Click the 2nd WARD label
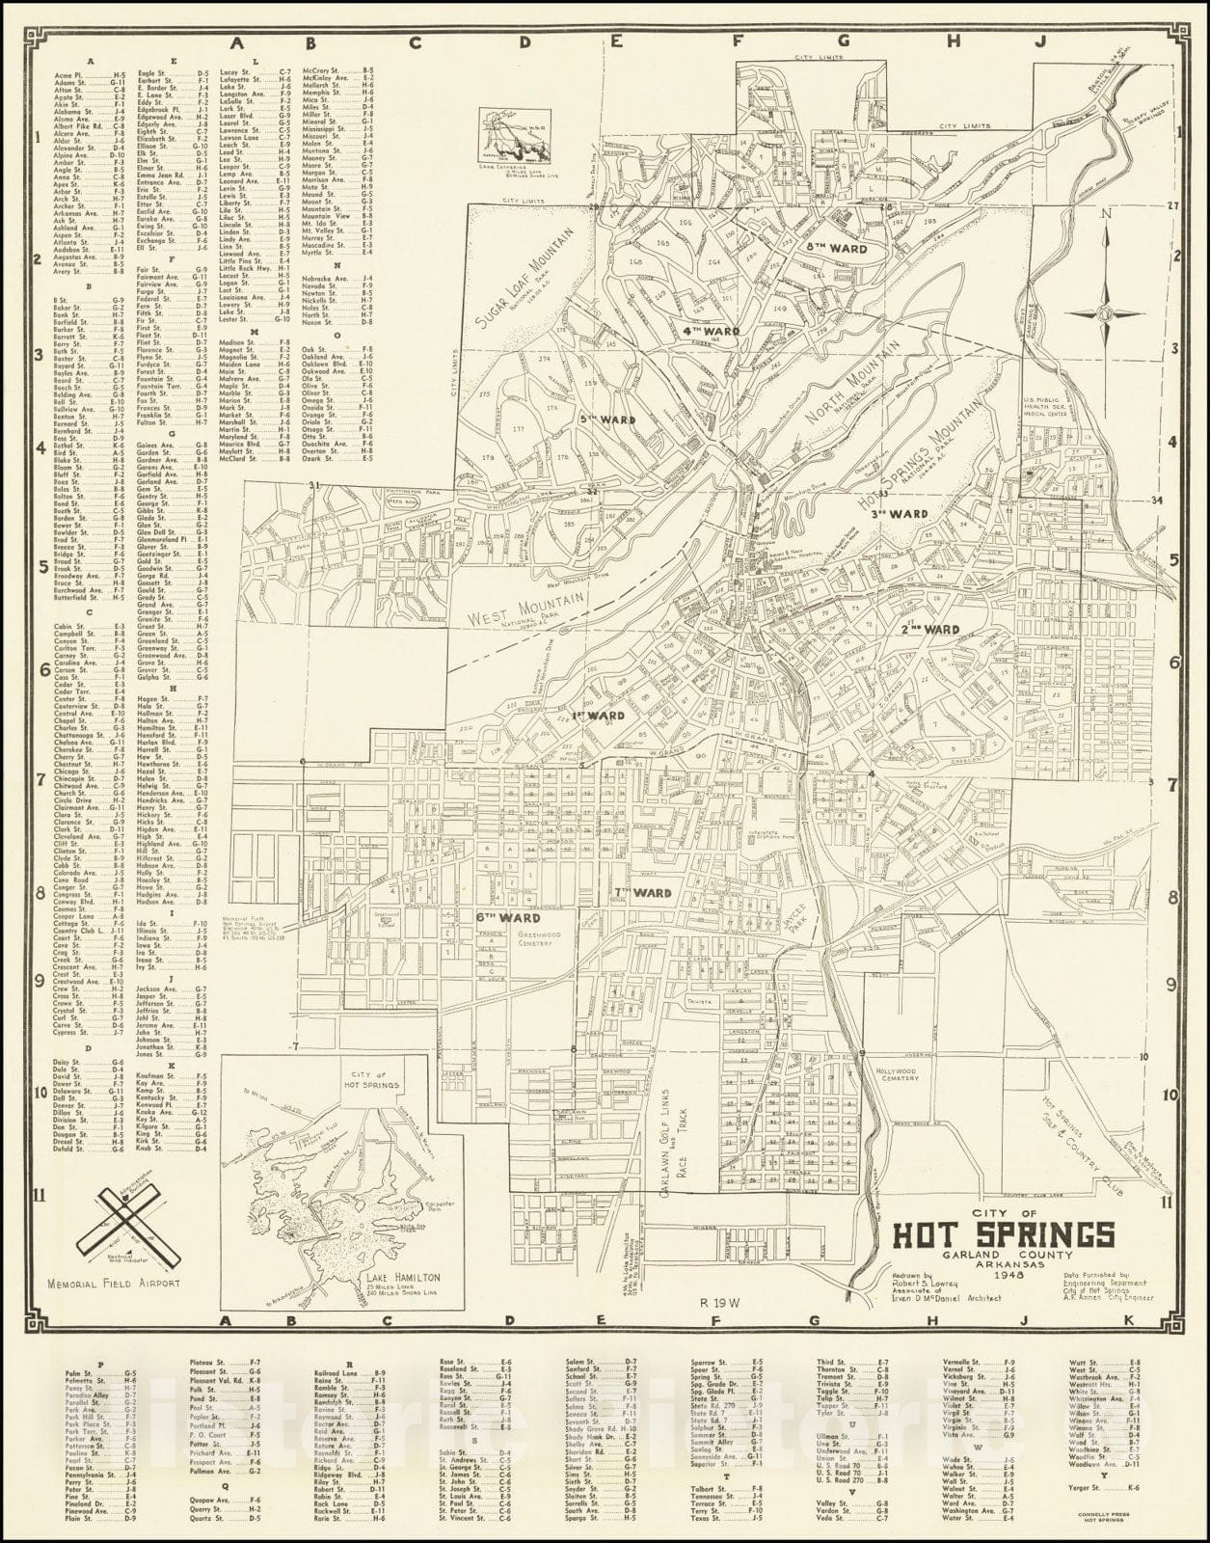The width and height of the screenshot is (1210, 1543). pyautogui.click(x=929, y=630)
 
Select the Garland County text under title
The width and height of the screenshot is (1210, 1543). pyautogui.click(x=1004, y=1256)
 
